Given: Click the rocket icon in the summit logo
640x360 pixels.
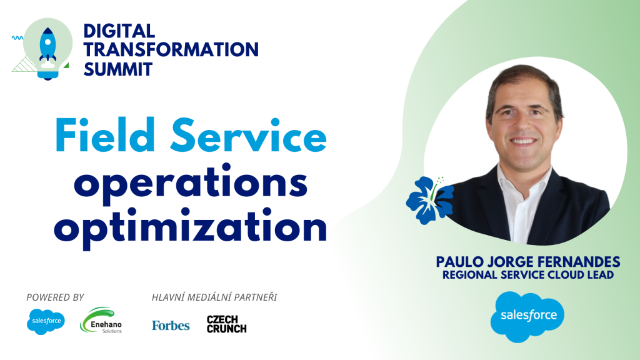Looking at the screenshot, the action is [x=47, y=47].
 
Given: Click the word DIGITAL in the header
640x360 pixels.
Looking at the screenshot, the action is [x=119, y=31].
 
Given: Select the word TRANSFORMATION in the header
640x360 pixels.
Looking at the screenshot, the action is [x=171, y=49].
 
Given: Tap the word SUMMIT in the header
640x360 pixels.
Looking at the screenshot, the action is [x=118, y=69].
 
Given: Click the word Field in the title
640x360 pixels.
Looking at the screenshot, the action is [x=105, y=135].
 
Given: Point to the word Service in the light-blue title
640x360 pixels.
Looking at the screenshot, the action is [x=249, y=135].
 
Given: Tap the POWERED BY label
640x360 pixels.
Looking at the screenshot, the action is [x=55, y=297].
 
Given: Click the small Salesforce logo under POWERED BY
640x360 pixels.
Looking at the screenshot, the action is [x=46, y=321].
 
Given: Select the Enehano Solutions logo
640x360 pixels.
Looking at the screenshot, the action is [x=101, y=321].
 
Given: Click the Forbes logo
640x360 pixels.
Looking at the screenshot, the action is [x=171, y=325].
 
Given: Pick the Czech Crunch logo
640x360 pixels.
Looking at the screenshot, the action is [x=226, y=324].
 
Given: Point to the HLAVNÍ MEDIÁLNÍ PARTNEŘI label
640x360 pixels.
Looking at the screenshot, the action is [x=214, y=297].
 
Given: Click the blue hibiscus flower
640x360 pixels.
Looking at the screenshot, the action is [x=429, y=199].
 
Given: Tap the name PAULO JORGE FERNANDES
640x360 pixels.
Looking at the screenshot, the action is [x=528, y=262].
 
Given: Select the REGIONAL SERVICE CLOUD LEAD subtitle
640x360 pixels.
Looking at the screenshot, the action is [x=528, y=275].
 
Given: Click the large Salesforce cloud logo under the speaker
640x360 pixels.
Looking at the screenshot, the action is [x=527, y=317].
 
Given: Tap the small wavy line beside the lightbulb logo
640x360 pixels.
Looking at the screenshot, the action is [x=17, y=38].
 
